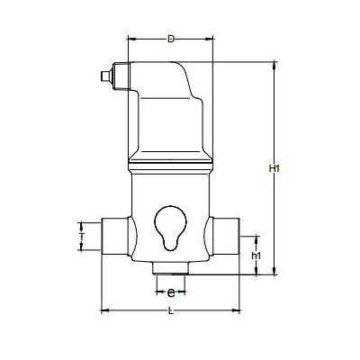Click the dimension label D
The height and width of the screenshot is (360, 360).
click(171, 39)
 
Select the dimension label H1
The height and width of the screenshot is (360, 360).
click(274, 168)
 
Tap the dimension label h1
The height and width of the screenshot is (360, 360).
click(256, 256)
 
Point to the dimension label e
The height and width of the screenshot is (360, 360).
click(171, 292)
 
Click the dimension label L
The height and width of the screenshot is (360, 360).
click(171, 311)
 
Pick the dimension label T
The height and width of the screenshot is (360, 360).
click(81, 237)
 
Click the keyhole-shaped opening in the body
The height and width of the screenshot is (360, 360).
click(170, 228)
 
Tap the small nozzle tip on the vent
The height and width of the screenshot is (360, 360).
click(105, 76)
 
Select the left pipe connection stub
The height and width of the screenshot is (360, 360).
click(115, 237)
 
